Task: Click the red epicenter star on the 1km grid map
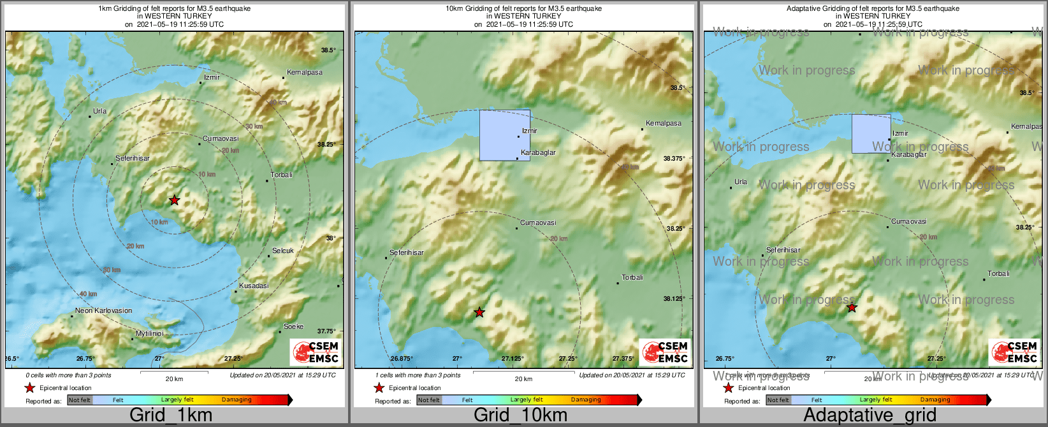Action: point(174,200)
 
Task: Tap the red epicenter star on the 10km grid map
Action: point(479,312)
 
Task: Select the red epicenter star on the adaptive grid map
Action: point(852,308)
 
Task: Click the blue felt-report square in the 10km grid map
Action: point(504,135)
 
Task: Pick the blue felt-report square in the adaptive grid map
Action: point(871,134)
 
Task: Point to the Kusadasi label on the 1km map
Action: point(254,286)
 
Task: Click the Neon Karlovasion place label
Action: point(103,311)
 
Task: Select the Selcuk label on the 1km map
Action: point(283,251)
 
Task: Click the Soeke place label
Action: point(293,327)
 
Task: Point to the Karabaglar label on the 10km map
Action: point(538,153)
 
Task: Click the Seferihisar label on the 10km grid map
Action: point(407,253)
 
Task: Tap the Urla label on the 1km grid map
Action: point(99,112)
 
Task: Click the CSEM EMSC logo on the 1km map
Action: point(316,352)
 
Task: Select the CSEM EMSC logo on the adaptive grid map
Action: point(1015,352)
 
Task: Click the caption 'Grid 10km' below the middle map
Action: point(520,415)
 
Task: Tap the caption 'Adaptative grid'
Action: point(870,415)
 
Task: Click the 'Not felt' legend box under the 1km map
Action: point(80,400)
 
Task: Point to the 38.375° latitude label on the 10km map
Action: point(674,159)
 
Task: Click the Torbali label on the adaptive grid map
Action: point(998,274)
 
